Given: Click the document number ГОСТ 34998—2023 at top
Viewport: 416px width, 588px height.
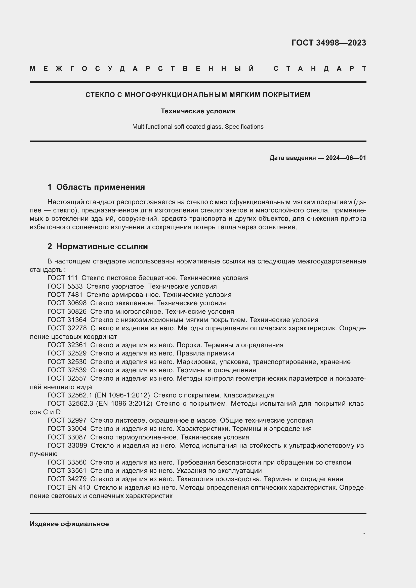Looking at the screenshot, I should click(x=329, y=43).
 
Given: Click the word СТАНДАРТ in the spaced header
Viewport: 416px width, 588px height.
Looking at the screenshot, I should click(x=320, y=69).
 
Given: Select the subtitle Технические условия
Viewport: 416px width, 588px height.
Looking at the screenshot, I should click(x=198, y=111).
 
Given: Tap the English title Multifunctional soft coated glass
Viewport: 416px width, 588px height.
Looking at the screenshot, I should click(x=178, y=127).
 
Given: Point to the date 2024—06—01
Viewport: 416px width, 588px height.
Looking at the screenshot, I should click(x=346, y=158).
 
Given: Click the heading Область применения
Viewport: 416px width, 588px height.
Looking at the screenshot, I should click(x=100, y=187).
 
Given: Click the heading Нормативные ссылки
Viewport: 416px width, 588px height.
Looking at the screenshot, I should click(x=102, y=246).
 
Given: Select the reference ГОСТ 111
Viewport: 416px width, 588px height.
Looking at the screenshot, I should click(x=63, y=278).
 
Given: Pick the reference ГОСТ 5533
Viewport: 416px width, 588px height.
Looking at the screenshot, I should click(x=65, y=286).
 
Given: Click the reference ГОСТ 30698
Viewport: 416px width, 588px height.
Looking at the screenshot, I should click(x=67, y=303).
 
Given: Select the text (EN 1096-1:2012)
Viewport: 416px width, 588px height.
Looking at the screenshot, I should click(x=122, y=395).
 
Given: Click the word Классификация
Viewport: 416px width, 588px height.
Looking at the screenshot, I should click(x=249, y=395).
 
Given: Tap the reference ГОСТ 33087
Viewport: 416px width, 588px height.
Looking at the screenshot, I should click(x=67, y=437).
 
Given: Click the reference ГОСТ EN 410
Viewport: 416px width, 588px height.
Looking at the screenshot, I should click(x=69, y=487).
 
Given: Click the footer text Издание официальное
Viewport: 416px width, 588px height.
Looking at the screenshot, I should click(x=69, y=524).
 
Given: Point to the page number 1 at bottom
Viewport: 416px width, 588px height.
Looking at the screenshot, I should click(x=364, y=535).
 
